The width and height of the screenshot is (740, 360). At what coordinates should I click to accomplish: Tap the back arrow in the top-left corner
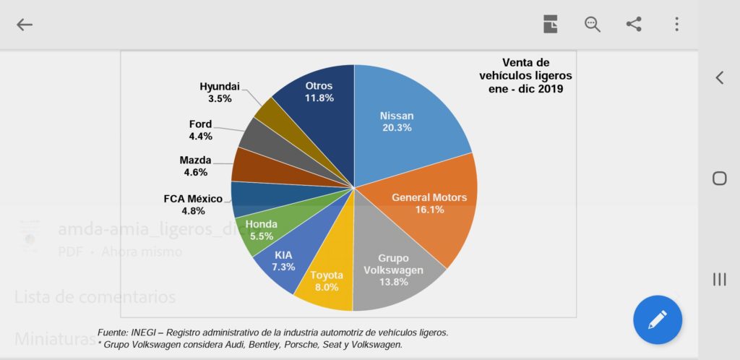25,25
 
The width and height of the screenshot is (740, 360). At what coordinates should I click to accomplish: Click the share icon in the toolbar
634,25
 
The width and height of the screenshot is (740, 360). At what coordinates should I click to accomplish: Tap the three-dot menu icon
676,25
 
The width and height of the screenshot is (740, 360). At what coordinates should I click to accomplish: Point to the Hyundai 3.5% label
219,92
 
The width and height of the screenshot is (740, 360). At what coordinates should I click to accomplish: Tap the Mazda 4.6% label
195,166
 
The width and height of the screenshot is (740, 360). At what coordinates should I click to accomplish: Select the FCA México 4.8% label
194,205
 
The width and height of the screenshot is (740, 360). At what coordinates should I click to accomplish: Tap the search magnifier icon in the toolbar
593,25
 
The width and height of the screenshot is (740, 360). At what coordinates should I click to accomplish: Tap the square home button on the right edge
719,178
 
